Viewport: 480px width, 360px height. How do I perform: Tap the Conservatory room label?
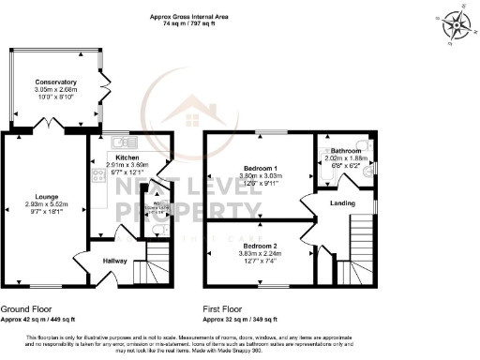click(x=50, y=82)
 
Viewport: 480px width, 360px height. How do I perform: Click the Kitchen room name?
click(x=127, y=157)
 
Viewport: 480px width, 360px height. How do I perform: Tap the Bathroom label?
click(x=345, y=151)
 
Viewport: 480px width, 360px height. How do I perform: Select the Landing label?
click(x=342, y=202)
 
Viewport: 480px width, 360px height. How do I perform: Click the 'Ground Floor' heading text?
click(x=26, y=307)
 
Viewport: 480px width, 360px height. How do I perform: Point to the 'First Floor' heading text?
click(x=225, y=307)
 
